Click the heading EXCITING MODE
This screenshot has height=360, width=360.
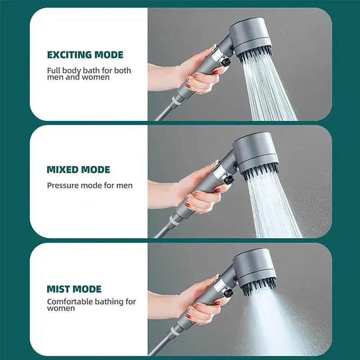[x=85, y=55]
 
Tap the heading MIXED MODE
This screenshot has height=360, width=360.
[x=78, y=170]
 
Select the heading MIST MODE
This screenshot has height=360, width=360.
[x=74, y=289]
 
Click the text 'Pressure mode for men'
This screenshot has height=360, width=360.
[x=90, y=185]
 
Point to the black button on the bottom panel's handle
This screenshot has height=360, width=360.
[x=228, y=293]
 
